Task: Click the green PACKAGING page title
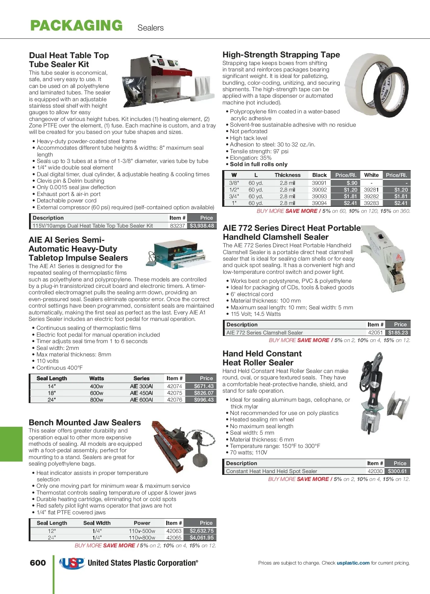(x=76, y=26)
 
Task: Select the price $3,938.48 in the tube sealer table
(x=202, y=226)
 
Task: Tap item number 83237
(x=177, y=226)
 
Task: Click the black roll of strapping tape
(x=393, y=92)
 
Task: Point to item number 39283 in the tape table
(x=371, y=203)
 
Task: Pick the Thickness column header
(x=287, y=175)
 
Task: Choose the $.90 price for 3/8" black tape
(x=352, y=183)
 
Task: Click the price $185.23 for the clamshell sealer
(x=398, y=333)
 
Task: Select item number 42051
(x=375, y=333)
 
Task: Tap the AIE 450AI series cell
(x=141, y=393)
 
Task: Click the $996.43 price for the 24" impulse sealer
(x=204, y=400)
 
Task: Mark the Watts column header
(x=96, y=378)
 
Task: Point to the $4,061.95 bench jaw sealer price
(x=201, y=538)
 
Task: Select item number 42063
(x=174, y=531)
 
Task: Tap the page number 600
(x=38, y=563)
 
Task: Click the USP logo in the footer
(x=72, y=563)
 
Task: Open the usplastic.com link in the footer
(x=353, y=563)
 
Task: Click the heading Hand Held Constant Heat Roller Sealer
(x=262, y=358)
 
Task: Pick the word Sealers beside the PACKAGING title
(x=150, y=28)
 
